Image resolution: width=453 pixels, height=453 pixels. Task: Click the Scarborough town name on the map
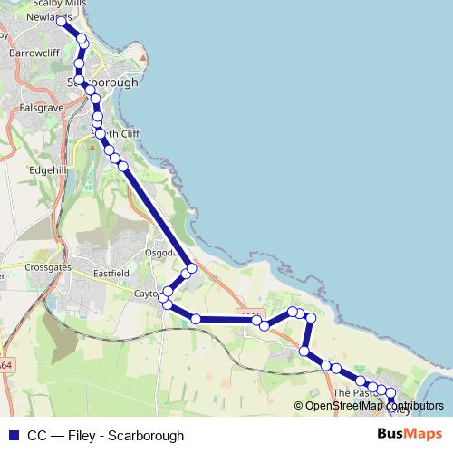(x=103, y=82)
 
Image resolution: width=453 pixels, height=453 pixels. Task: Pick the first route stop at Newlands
(x=62, y=20)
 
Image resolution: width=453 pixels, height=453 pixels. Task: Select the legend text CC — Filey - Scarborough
(x=105, y=436)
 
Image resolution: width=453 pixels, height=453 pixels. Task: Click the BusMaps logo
(x=410, y=435)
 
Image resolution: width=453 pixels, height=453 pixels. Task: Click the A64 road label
(x=5, y=364)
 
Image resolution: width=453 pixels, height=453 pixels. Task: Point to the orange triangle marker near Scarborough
(x=142, y=61)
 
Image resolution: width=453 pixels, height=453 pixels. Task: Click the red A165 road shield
(x=252, y=314)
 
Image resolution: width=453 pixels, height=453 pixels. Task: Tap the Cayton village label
(x=147, y=294)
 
